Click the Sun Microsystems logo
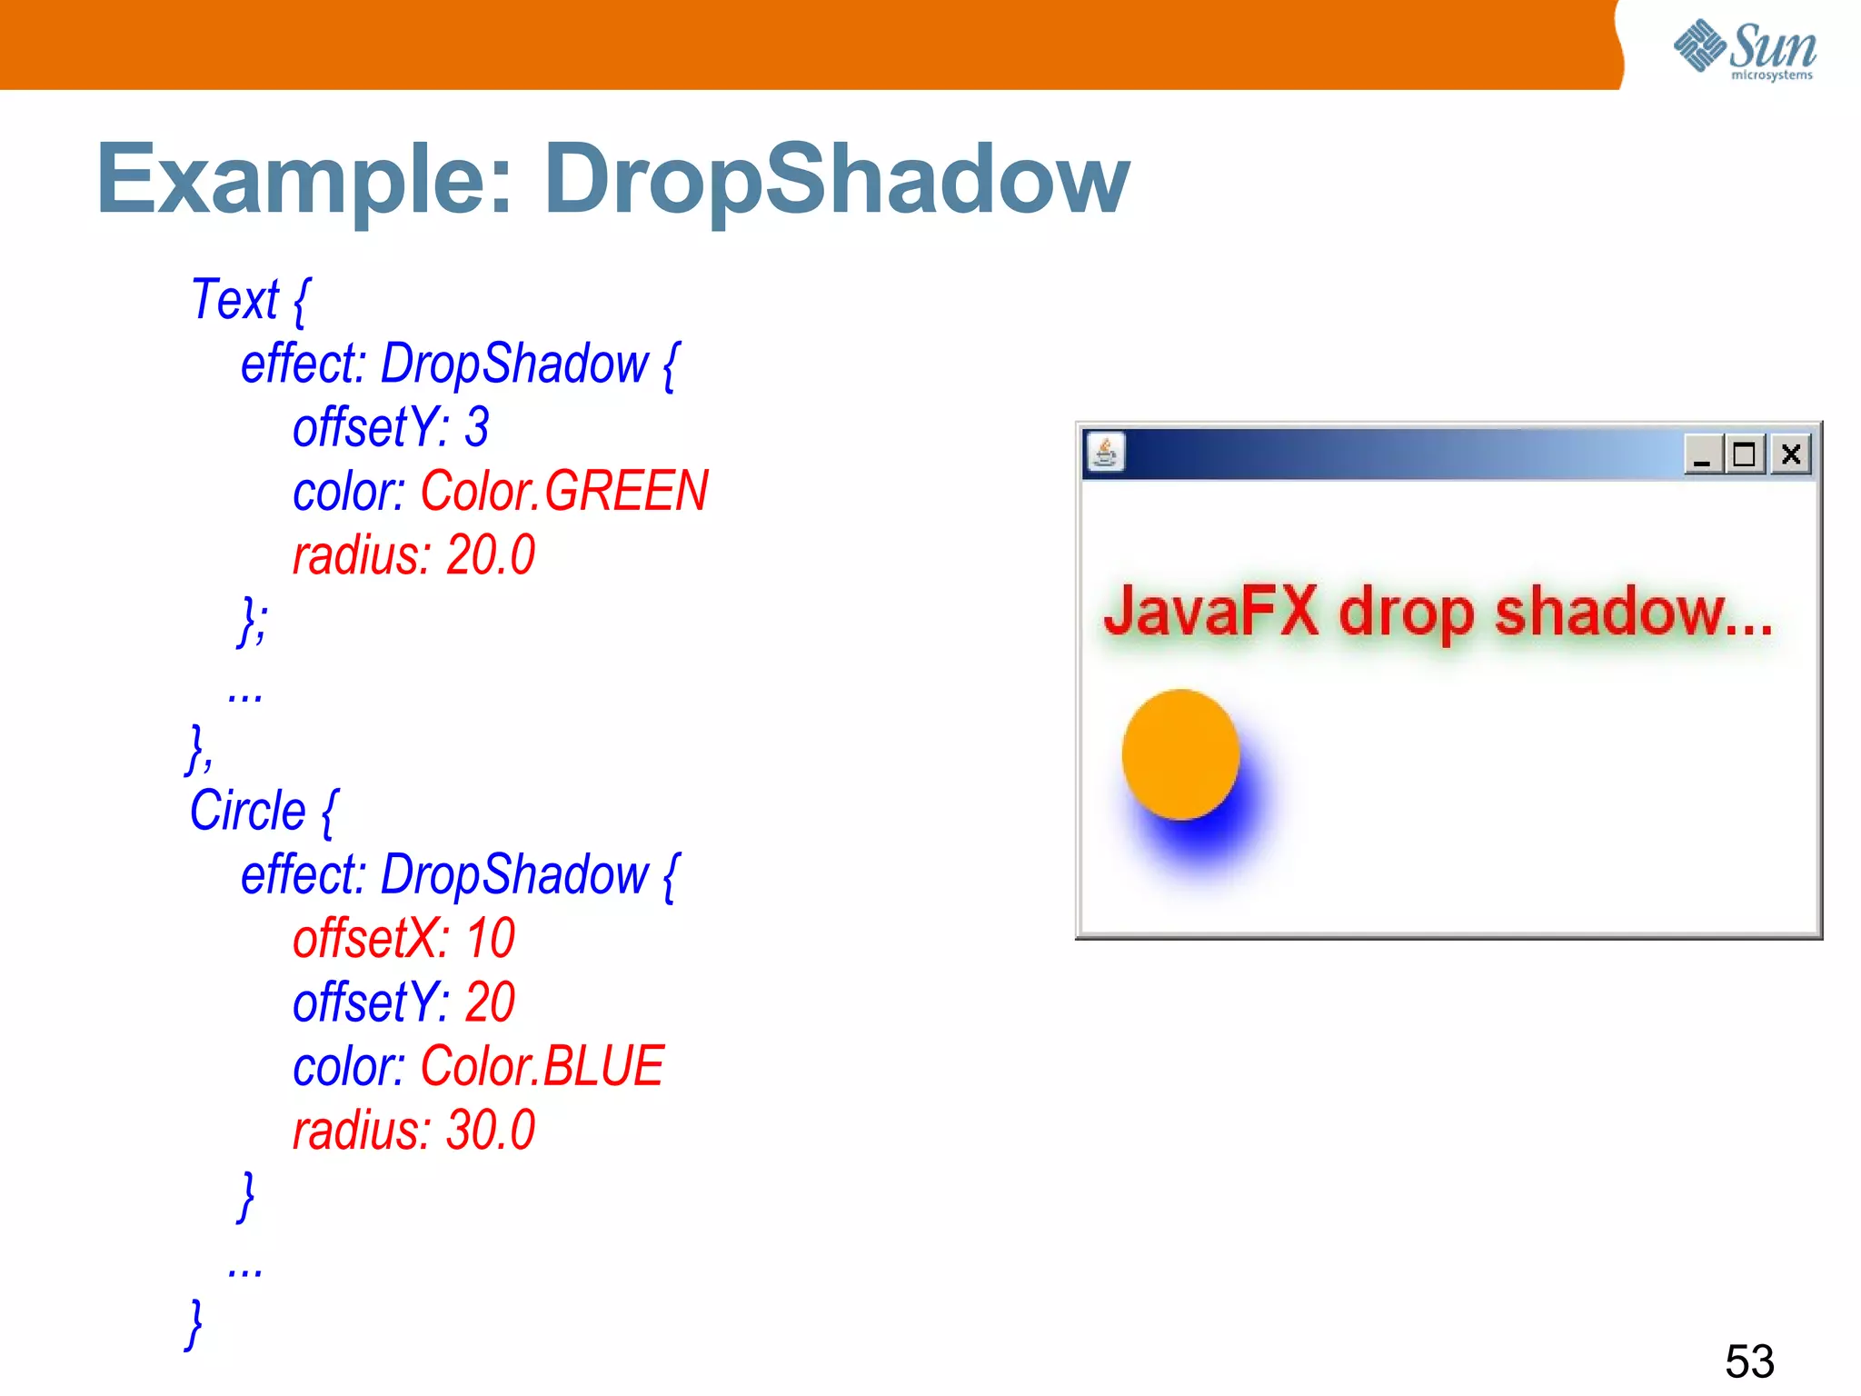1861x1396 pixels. pos(1745,49)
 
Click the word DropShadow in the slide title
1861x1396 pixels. pos(836,180)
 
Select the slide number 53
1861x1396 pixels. pos(1749,1361)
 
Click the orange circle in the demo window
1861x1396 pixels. pos(1180,754)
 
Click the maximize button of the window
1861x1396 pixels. pos(1744,454)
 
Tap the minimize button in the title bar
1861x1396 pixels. pos(1702,454)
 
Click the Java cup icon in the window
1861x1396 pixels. pos(1105,452)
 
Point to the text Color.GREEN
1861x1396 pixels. pos(563,491)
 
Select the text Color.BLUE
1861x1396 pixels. pos(542,1066)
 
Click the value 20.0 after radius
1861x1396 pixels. pos(491,555)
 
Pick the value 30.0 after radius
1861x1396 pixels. pos(491,1131)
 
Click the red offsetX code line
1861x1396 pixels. pos(403,938)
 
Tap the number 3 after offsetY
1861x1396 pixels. pos(477,427)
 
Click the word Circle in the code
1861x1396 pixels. pos(247,810)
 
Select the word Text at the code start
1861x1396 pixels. pos(234,299)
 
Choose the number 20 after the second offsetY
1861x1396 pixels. pos(490,1002)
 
